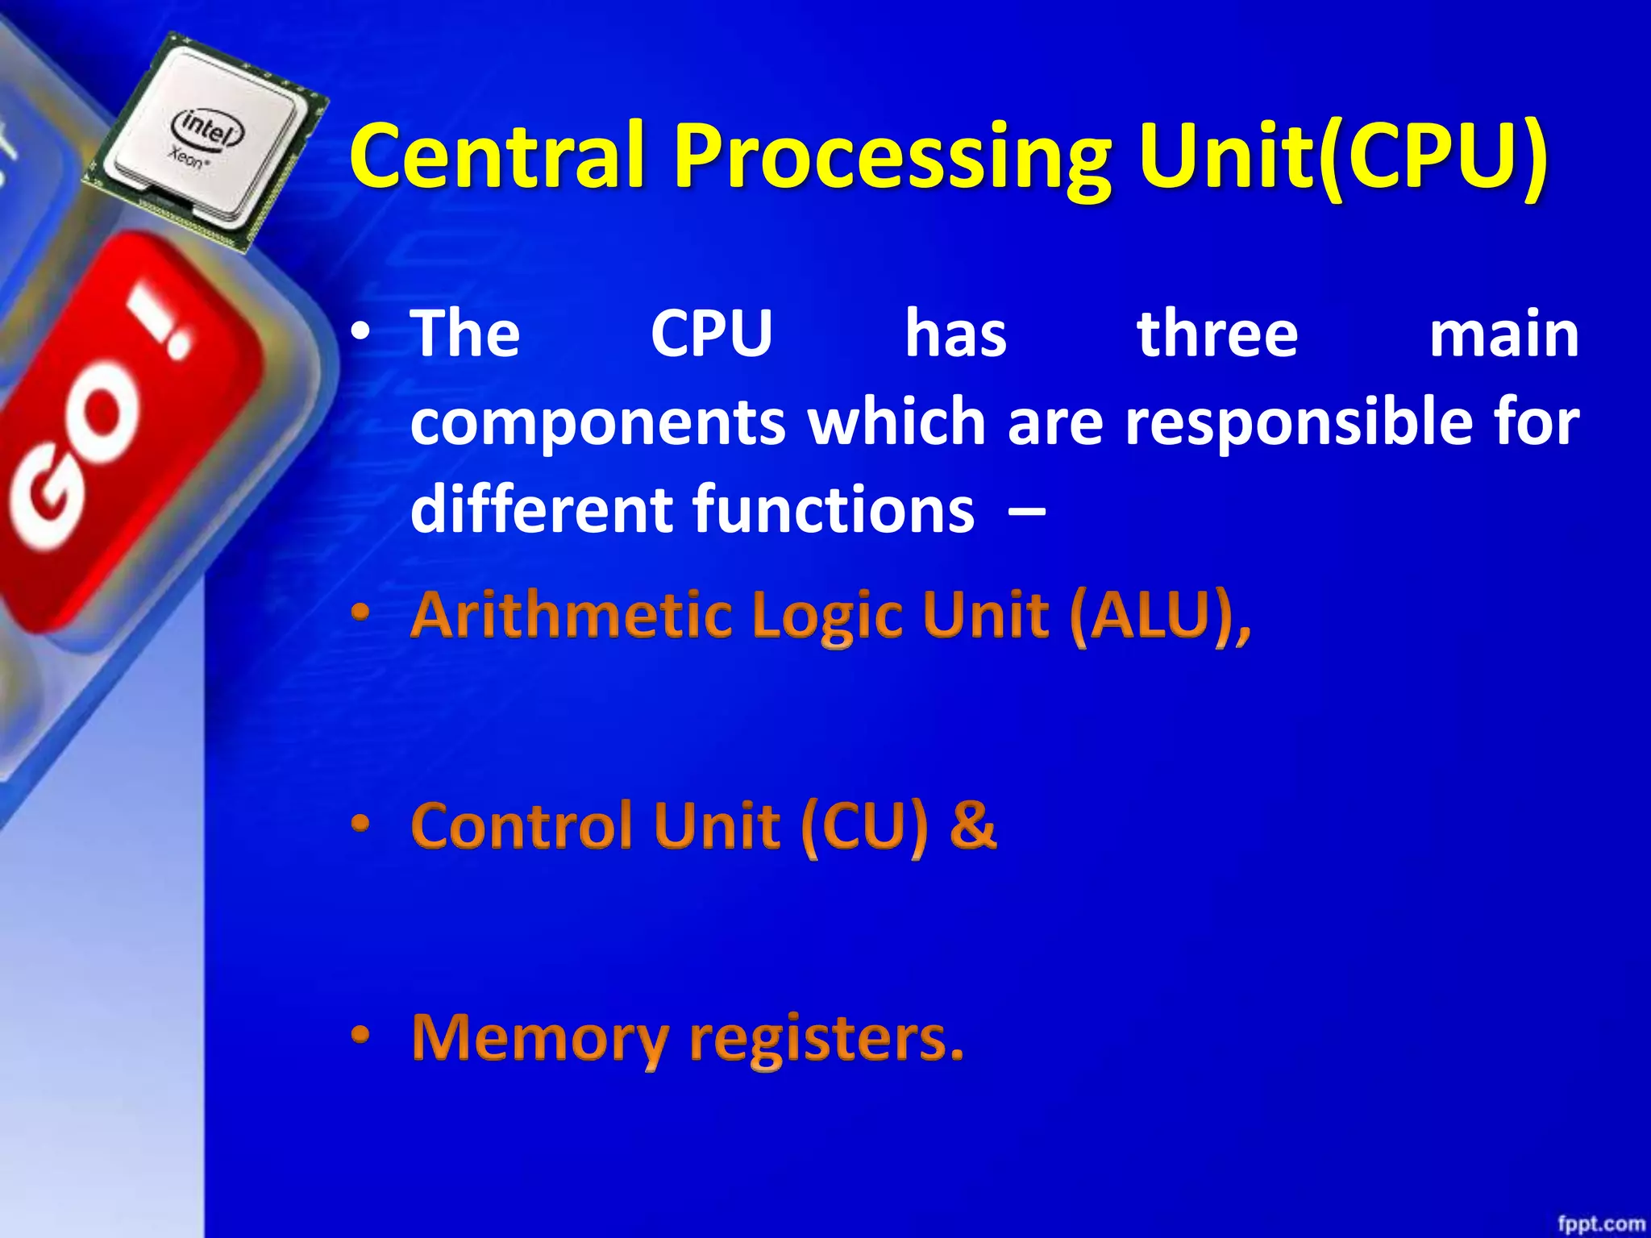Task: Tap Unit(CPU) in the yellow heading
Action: (x=1341, y=155)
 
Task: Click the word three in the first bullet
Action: (x=1217, y=334)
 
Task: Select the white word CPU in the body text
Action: (x=711, y=334)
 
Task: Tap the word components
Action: (x=597, y=423)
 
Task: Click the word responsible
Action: (x=1300, y=423)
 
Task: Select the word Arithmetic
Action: (x=570, y=616)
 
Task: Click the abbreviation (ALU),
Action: (x=1161, y=617)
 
